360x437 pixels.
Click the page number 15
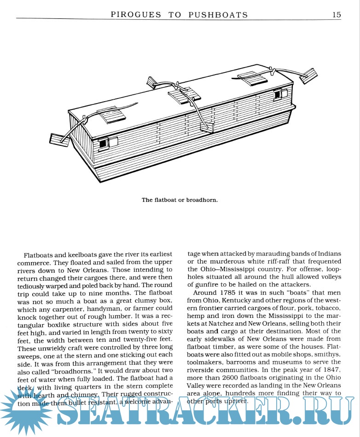pyautogui.click(x=337, y=14)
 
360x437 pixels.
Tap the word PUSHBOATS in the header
pyautogui.click(x=218, y=15)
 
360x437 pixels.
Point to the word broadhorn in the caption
pyautogui.click(x=201, y=200)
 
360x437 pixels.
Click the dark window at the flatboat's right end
pyautogui.click(x=278, y=94)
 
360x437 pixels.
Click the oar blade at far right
pyautogui.click(x=311, y=75)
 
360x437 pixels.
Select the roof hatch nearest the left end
pyautogui.click(x=110, y=115)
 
